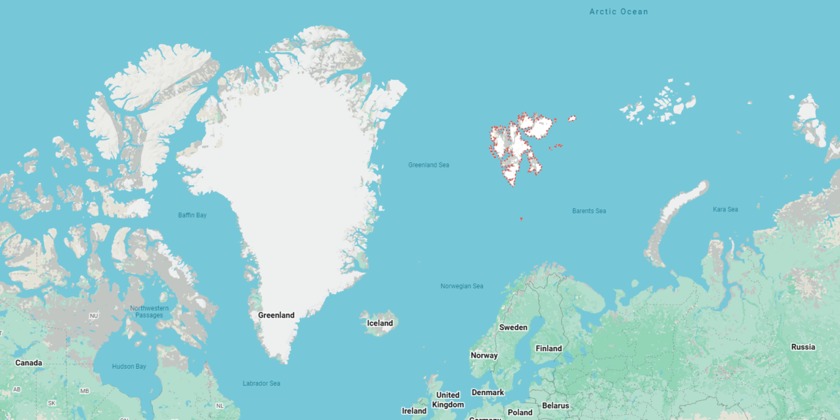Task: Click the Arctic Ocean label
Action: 618,12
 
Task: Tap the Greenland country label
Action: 276,315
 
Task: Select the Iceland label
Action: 380,323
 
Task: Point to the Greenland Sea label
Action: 429,165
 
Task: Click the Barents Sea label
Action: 589,211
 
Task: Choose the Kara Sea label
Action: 725,209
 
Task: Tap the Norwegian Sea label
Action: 462,286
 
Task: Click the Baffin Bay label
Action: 192,215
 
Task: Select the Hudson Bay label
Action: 129,366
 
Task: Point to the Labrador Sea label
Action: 261,383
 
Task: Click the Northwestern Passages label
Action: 149,312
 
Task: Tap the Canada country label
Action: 29,363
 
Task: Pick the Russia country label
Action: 803,346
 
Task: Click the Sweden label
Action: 513,327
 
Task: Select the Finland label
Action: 549,348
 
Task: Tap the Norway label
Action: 484,355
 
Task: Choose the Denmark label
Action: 488,392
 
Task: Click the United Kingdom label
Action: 448,400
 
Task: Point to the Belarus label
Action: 556,406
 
